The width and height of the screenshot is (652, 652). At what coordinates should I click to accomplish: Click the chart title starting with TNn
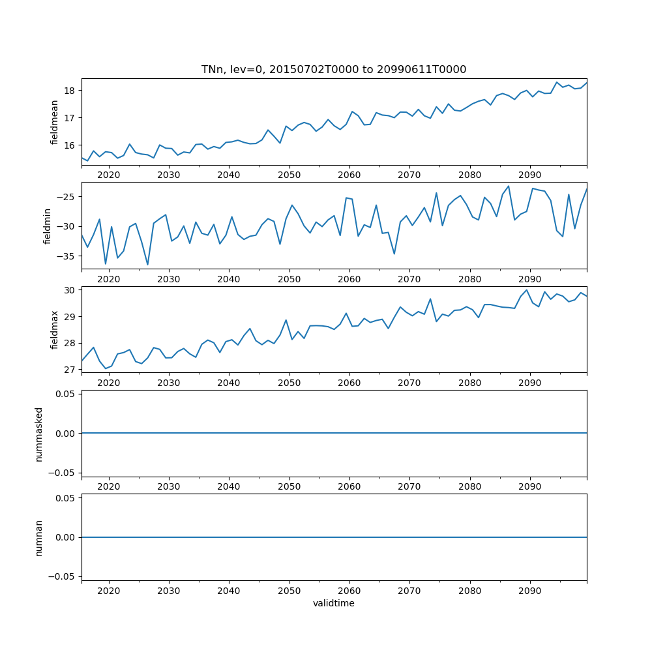pos(333,69)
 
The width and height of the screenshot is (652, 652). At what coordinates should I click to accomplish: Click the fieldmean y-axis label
pos(55,122)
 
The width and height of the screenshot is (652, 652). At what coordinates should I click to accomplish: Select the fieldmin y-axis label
pos(46,226)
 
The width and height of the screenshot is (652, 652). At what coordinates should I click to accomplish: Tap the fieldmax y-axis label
pos(55,329)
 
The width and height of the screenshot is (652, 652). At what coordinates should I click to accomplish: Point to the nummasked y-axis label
pos(38,434)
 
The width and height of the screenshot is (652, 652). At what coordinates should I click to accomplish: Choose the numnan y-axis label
pos(38,537)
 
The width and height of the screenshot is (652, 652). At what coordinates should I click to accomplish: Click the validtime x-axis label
pos(333,604)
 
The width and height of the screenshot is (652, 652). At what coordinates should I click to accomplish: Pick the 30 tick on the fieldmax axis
pos(70,289)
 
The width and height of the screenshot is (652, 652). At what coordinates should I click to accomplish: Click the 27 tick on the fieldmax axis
pos(70,370)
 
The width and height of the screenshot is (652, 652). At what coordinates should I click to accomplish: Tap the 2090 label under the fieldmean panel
pos(529,175)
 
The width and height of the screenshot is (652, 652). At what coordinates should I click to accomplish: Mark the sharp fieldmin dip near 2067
pos(394,254)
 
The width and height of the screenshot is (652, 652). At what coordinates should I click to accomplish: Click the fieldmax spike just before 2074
pos(430,299)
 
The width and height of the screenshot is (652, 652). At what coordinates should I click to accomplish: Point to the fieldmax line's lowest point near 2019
pos(106,368)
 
